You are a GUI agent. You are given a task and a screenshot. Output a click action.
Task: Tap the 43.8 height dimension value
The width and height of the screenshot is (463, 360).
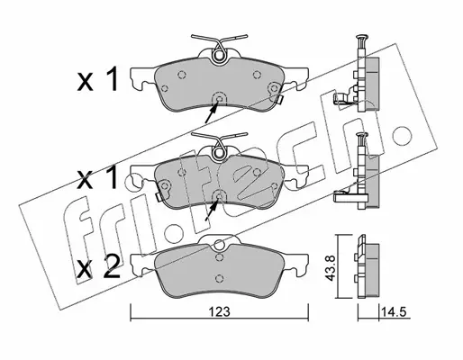click(331, 268)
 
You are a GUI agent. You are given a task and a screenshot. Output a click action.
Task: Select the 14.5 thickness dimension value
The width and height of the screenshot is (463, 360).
click(394, 312)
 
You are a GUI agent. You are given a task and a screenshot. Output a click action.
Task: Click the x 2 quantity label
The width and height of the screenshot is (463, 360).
click(98, 267)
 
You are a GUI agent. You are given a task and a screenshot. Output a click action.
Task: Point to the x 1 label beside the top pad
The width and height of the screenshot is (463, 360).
click(96, 78)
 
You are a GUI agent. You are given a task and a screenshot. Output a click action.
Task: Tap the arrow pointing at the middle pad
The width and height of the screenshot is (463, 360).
click(212, 210)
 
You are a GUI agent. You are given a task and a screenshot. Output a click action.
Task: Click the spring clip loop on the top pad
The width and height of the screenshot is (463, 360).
click(219, 55)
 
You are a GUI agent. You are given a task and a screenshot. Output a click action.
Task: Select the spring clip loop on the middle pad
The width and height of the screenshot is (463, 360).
click(219, 153)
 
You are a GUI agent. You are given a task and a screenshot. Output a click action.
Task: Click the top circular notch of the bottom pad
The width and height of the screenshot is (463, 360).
click(220, 245)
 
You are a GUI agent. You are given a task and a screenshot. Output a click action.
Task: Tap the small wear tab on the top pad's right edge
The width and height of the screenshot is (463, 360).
click(279, 99)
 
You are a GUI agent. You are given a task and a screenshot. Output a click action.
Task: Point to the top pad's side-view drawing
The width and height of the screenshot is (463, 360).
click(358, 75)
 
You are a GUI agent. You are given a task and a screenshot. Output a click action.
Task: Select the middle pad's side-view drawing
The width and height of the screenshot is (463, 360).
click(358, 171)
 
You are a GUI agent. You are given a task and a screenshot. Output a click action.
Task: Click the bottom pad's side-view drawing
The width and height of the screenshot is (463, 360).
click(367, 266)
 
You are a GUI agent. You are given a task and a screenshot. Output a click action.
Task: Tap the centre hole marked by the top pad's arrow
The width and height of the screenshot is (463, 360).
click(219, 99)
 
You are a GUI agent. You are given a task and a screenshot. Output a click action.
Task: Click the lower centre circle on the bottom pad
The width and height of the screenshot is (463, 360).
click(220, 278)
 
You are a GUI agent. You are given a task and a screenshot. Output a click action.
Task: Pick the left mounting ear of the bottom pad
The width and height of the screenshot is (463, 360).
click(142, 264)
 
